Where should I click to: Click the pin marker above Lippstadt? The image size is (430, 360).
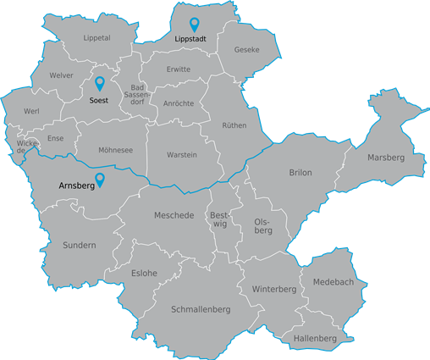[x=194, y=25]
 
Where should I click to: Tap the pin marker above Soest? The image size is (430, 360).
[x=99, y=83]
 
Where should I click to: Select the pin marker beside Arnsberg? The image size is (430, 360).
[x=100, y=179]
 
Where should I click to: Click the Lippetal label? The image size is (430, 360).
[x=96, y=38]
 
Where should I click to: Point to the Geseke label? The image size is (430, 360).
[x=246, y=50]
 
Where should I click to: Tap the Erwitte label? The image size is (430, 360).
[x=179, y=69]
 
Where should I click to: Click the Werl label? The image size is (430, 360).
[x=32, y=112]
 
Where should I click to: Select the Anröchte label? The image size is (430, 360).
[x=177, y=103]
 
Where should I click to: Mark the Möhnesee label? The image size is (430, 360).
[x=116, y=150]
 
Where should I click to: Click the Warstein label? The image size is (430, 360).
[x=182, y=155]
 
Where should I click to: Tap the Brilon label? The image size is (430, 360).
[x=300, y=173]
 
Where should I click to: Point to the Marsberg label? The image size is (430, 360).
[x=385, y=158]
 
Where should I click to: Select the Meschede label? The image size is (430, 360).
[x=174, y=215]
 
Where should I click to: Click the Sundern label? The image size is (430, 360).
[x=80, y=246]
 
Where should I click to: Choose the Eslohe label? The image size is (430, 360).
[x=144, y=273]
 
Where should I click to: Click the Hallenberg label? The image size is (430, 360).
[x=315, y=339]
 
